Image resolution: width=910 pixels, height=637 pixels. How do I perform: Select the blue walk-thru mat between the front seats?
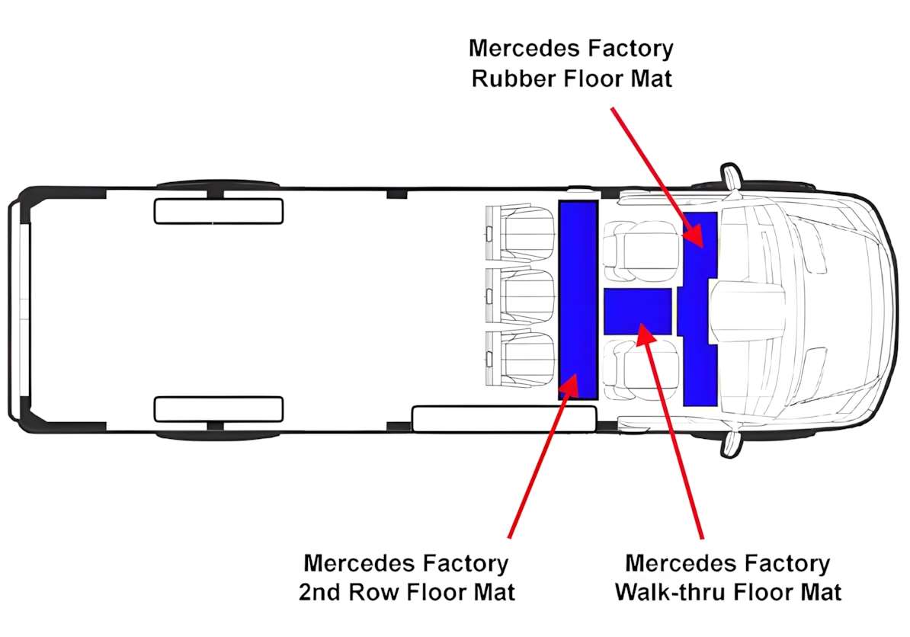tap(637, 311)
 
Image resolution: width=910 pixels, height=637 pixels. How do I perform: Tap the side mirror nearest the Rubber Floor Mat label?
tap(731, 176)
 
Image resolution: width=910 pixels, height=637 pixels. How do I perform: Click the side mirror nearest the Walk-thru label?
tap(732, 442)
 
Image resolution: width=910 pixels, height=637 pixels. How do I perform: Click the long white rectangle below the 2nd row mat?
tap(504, 418)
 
